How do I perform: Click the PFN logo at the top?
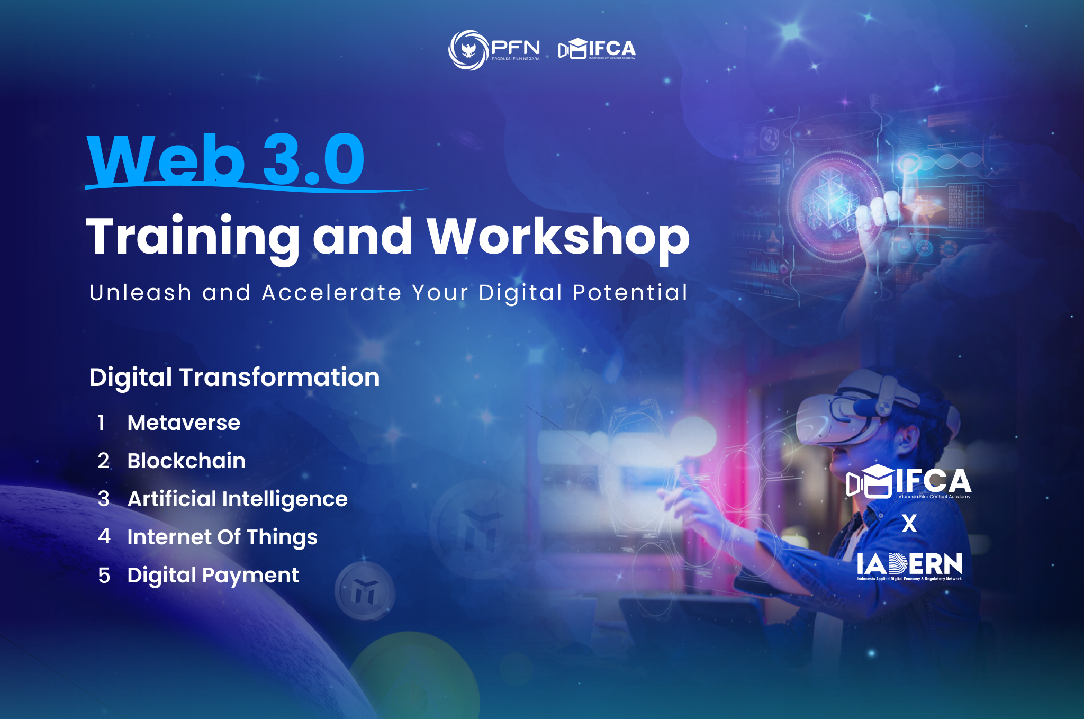494,50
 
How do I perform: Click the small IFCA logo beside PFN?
597,49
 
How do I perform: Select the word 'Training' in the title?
193,238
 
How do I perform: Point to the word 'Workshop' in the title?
558,238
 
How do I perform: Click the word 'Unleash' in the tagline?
140,292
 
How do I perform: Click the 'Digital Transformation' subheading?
234,378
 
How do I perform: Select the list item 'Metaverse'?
184,423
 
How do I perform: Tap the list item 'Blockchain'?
186,461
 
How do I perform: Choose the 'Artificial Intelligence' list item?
237,499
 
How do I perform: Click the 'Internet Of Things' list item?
222,537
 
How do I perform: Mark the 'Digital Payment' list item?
213,576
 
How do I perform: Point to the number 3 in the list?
104,499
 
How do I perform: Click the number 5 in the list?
104,576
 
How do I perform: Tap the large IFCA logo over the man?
909,482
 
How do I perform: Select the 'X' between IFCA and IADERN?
909,524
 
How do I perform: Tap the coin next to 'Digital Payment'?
365,590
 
